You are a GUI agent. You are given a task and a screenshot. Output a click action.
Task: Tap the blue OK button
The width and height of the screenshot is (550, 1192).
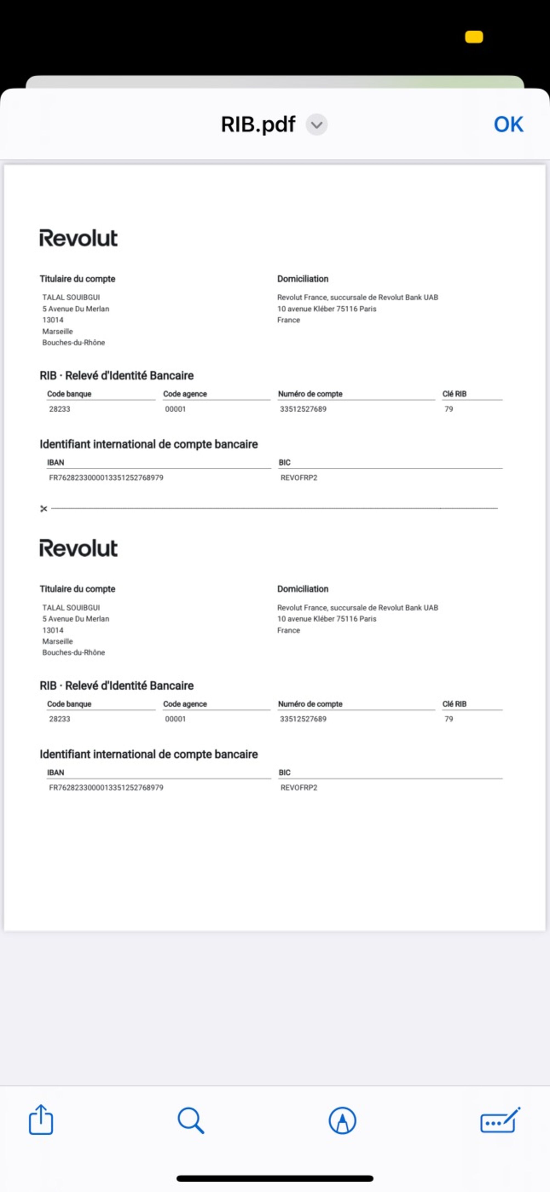(x=508, y=125)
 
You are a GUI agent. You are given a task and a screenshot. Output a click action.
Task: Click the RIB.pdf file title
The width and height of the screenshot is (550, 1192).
(x=258, y=125)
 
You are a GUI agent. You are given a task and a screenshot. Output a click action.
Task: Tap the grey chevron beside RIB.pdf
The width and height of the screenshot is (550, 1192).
(x=317, y=125)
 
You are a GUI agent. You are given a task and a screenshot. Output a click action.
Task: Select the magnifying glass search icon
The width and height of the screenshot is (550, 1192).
(x=191, y=1120)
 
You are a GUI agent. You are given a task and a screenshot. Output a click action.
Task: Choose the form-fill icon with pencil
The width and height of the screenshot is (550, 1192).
(x=500, y=1120)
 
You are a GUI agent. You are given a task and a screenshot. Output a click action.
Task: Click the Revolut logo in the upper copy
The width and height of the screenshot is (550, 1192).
(x=78, y=238)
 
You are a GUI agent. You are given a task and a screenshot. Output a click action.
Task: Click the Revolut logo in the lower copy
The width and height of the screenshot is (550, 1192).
(x=78, y=548)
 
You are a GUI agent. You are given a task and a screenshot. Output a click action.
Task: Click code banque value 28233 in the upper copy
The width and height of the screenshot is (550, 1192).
(x=60, y=409)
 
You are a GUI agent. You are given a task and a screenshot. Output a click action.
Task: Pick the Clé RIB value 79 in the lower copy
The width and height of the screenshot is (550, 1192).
(x=449, y=719)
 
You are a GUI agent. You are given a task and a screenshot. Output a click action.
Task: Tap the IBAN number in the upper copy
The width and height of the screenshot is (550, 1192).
(x=106, y=478)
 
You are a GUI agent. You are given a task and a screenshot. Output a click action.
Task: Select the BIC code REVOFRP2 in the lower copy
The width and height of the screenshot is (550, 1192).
(x=299, y=788)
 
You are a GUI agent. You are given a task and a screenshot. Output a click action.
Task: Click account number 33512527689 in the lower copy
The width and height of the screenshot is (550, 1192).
(x=303, y=719)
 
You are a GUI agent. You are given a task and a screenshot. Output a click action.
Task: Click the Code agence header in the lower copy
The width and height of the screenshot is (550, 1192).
(x=185, y=704)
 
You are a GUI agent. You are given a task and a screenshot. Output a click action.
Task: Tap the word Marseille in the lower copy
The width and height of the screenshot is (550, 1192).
(x=58, y=641)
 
